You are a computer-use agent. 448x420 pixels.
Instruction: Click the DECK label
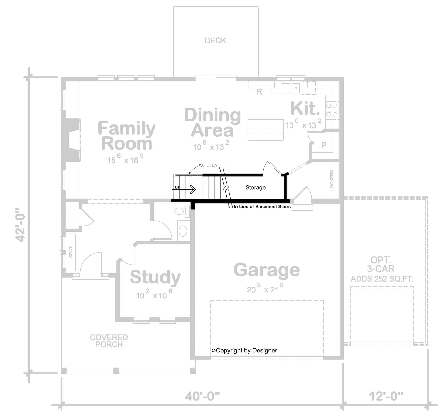pyautogui.click(x=215, y=40)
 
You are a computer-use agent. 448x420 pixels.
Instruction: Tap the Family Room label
pyautogui.click(x=126, y=136)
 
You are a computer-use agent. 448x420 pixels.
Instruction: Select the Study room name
pyautogui.click(x=155, y=277)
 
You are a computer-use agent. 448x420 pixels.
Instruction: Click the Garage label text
pyautogui.click(x=266, y=270)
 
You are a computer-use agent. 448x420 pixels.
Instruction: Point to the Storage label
pyautogui.click(x=255, y=187)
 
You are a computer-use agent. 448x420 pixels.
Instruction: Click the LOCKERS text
pyautogui.click(x=332, y=180)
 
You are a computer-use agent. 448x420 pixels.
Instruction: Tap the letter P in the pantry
pyautogui.click(x=324, y=145)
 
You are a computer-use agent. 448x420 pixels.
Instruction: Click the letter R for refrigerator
pyautogui.click(x=259, y=91)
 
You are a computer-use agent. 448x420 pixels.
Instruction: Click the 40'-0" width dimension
pyautogui.click(x=202, y=396)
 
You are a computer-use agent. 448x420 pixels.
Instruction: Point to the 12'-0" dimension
pyautogui.click(x=386, y=396)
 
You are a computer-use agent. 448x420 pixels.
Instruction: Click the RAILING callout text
pyautogui.click(x=207, y=166)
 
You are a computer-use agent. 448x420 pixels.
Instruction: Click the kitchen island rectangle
pyautogui.click(x=266, y=130)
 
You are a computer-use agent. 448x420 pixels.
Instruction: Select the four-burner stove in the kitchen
pyautogui.click(x=332, y=110)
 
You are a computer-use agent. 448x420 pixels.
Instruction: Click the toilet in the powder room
pyautogui.click(x=180, y=212)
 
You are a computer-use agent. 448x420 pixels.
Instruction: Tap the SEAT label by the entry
pyautogui.click(x=71, y=252)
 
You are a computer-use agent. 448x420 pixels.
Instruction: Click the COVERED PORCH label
pyautogui.click(x=109, y=341)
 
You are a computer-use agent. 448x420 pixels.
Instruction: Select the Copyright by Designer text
pyautogui.click(x=244, y=350)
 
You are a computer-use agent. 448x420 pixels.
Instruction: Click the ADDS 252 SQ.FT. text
pyautogui.click(x=382, y=279)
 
